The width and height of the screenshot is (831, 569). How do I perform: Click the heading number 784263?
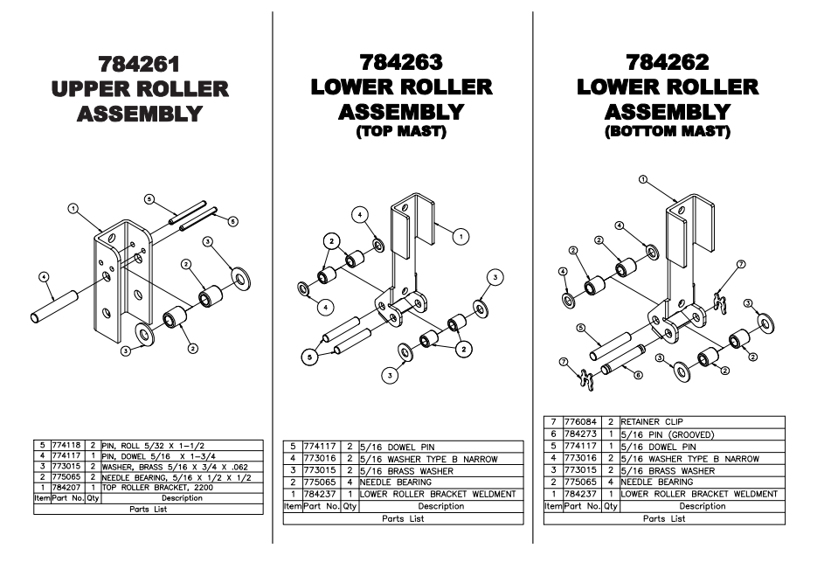tap(401, 62)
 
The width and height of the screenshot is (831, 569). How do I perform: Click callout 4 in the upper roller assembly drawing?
tap(44, 277)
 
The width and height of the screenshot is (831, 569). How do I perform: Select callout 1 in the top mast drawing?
tap(463, 235)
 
